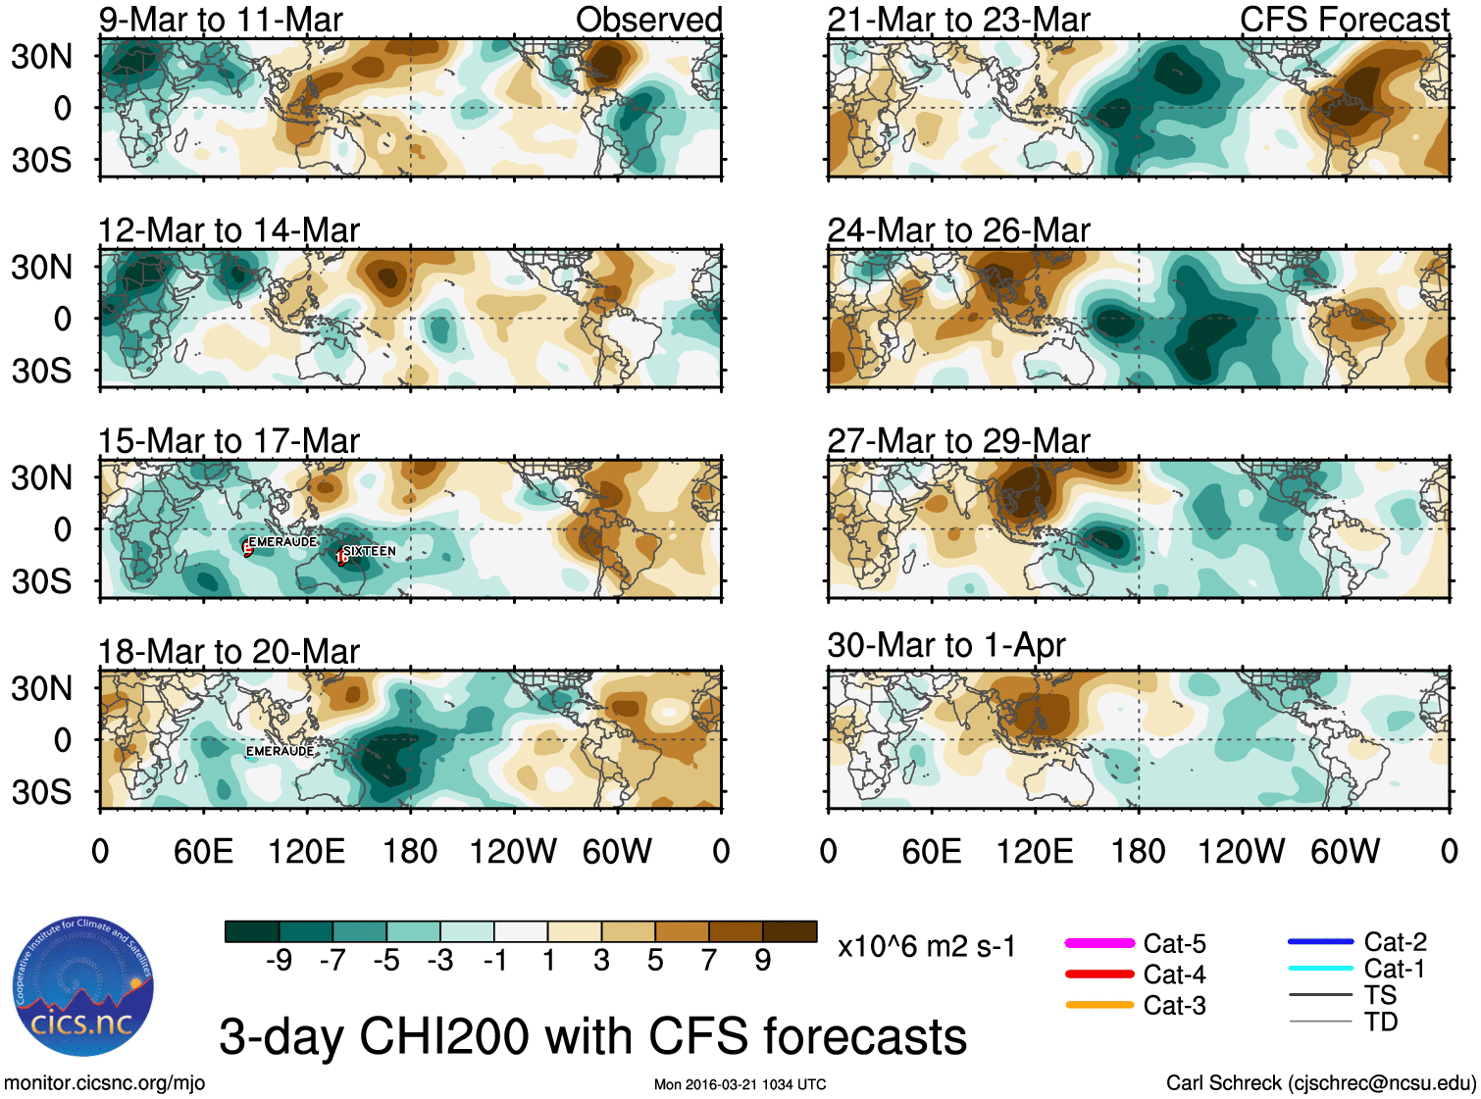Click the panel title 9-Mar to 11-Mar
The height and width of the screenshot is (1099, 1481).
click(221, 20)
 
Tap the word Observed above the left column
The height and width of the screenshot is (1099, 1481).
click(648, 20)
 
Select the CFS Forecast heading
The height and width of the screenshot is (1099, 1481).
click(1344, 20)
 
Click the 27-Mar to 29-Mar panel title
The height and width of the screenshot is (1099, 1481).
click(958, 441)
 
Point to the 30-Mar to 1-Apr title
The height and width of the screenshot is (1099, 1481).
click(945, 645)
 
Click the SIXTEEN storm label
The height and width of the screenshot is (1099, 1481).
click(369, 551)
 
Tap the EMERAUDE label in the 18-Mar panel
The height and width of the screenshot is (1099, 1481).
click(281, 751)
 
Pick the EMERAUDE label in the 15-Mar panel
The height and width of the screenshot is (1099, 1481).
click(282, 541)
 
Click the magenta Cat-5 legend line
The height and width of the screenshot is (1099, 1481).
click(1099, 943)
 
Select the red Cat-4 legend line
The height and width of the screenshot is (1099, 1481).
click(1099, 974)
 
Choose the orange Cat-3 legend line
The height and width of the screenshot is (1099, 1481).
click(1099, 1005)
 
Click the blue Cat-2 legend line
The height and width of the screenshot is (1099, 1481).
click(1320, 942)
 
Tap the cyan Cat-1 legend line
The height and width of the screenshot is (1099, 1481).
click(1320, 969)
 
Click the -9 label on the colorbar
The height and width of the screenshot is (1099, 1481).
click(279, 961)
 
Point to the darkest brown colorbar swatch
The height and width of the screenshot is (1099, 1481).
click(790, 931)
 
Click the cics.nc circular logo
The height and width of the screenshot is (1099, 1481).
click(82, 987)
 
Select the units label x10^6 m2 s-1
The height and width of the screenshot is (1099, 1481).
click(926, 947)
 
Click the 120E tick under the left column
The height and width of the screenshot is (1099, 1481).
click(306, 851)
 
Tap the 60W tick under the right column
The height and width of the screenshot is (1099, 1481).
click(1345, 851)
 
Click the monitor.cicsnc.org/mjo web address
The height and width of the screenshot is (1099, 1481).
click(105, 1083)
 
